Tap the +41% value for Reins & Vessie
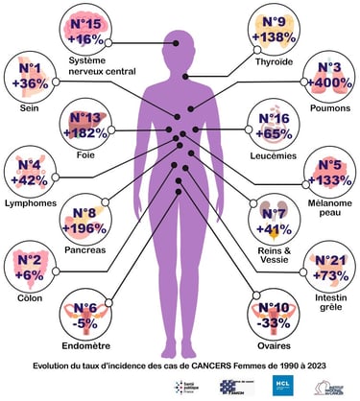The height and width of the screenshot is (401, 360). [x=275, y=228]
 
